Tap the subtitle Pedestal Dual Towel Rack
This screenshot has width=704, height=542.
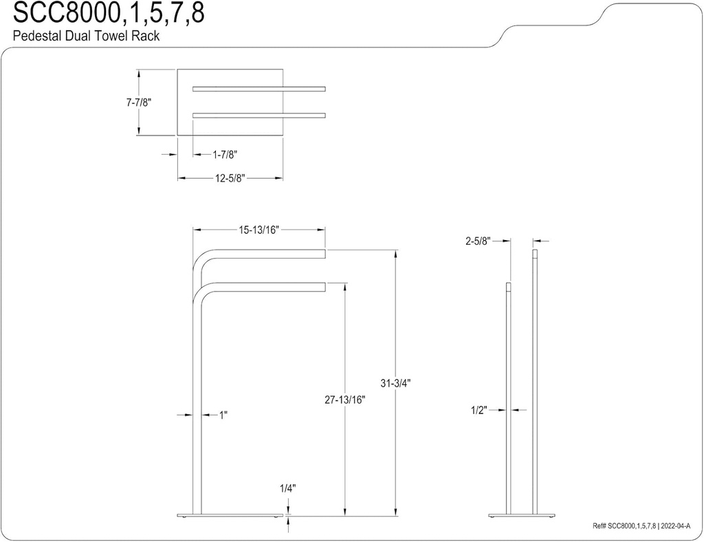click(86, 36)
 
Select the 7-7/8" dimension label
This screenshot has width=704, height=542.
click(138, 102)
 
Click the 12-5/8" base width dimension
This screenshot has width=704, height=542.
click(230, 178)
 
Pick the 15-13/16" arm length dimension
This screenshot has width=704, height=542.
click(258, 230)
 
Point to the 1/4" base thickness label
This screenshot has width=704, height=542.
click(287, 488)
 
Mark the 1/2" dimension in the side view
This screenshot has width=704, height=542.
click(478, 410)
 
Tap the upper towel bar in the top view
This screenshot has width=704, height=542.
click(258, 88)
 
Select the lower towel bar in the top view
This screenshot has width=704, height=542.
click(258, 115)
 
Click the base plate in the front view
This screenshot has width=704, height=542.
click(230, 515)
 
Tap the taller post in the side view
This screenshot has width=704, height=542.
click(535, 378)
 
